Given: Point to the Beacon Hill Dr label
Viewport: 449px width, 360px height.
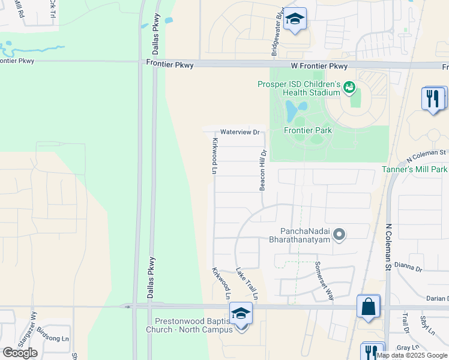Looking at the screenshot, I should [x=262, y=170].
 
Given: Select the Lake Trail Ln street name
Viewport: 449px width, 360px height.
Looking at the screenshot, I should [x=247, y=284].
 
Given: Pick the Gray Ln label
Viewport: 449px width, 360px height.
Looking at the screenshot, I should [x=408, y=347].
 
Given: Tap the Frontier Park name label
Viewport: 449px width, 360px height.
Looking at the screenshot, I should [x=308, y=130].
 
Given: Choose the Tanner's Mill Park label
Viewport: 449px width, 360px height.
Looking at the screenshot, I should [x=415, y=169].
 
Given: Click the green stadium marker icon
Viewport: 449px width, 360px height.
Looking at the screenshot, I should [x=349, y=88].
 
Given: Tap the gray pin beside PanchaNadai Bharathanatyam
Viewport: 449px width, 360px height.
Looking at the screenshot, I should [x=339, y=235].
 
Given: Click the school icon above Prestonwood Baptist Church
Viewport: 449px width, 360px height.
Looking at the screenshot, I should [x=241, y=314].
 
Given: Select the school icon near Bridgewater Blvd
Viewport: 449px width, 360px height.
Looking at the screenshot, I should [x=295, y=19].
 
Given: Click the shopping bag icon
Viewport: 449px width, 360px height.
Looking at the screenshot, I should [x=369, y=307].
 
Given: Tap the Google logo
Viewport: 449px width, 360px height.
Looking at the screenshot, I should [x=20, y=353].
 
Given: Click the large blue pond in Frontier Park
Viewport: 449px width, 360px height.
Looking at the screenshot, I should [x=292, y=110].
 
